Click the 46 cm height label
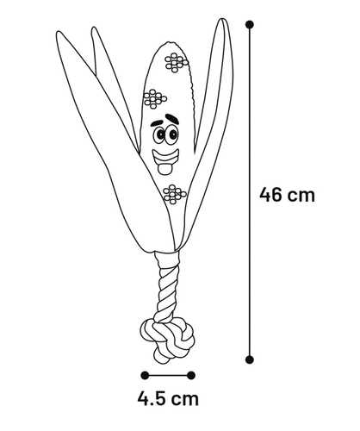(287, 195)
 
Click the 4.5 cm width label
(168, 398)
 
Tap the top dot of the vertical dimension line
(250, 24)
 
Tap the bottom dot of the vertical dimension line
(250, 359)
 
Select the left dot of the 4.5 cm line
(145, 375)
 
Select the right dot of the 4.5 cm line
(191, 375)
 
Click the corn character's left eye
(159, 135)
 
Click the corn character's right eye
(173, 134)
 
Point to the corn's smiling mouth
(165, 159)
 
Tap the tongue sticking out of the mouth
(164, 170)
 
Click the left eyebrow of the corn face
(158, 122)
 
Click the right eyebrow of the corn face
(173, 118)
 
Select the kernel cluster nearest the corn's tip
(176, 62)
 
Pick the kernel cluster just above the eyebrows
(155, 99)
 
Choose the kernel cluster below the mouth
(174, 195)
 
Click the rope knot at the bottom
(167, 340)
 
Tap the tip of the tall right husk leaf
(222, 20)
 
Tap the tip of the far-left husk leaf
(59, 32)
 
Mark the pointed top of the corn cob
(169, 42)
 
